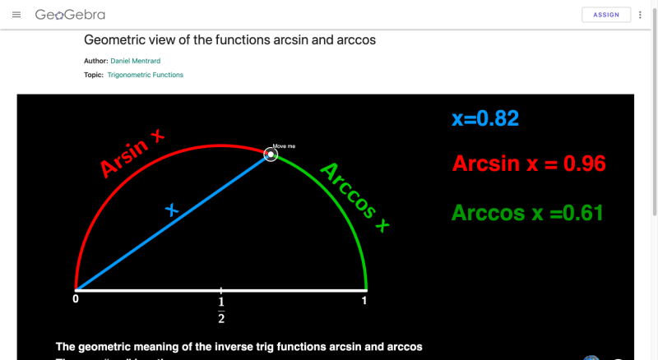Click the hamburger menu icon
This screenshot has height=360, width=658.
pos(16,15)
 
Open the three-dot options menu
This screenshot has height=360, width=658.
pos(640,15)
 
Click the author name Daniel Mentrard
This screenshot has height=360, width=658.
pos(137,61)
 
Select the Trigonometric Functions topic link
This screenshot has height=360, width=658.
pos(146,75)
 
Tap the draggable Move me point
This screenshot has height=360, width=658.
pos(270,155)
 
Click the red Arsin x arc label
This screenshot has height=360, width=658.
pos(132,153)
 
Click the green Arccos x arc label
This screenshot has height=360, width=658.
pos(354,196)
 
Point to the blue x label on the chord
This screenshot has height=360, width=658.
pos(172,210)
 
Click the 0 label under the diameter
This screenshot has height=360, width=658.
pos(76,302)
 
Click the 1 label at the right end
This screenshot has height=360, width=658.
pos(364,302)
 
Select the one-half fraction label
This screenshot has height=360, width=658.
pos(221,312)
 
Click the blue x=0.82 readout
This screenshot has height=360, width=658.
pos(484,118)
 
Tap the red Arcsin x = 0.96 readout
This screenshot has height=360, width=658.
pos(528,164)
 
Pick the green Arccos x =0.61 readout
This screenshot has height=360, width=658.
pos(527,213)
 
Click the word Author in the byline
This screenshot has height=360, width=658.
pos(95,61)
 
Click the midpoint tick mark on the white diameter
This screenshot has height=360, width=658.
pos(221,291)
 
